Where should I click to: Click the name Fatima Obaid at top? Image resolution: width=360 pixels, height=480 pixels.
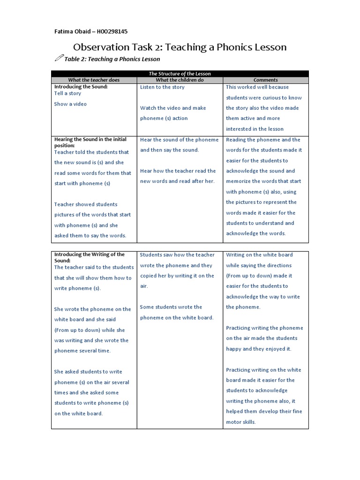tap(72, 31)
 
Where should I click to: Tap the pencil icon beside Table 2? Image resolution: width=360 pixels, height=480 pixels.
tap(59, 58)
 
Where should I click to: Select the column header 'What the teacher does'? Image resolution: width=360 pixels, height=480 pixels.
tap(94, 80)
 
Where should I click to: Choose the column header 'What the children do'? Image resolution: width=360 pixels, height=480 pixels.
tap(180, 80)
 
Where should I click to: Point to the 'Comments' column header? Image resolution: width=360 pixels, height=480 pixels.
tap(265, 80)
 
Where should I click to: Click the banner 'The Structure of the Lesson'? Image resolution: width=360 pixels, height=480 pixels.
tap(180, 74)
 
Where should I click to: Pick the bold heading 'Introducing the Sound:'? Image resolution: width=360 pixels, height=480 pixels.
tap(81, 87)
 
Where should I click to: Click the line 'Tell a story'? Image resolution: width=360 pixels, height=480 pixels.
tap(67, 93)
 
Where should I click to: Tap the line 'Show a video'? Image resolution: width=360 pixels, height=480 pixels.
tap(70, 104)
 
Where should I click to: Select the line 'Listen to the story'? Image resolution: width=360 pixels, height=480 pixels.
tap(162, 87)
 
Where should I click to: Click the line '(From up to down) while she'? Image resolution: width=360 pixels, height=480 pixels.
tap(90, 330)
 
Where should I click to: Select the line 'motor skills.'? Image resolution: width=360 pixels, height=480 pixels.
tap(241, 422)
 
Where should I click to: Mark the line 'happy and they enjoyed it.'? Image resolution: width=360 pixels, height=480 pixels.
tap(258, 349)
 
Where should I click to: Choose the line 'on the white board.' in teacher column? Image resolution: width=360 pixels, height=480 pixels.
tap(78, 413)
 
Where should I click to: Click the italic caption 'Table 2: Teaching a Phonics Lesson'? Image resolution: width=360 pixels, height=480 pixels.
tap(112, 59)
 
